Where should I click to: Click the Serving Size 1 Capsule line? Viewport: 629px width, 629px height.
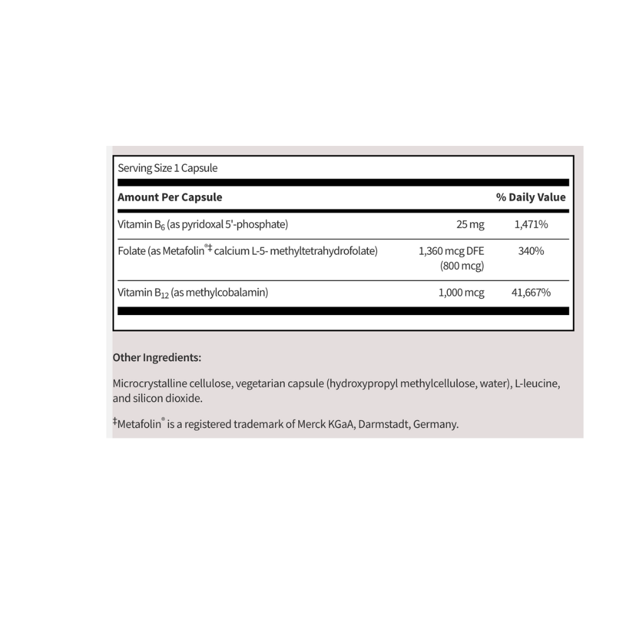(167, 168)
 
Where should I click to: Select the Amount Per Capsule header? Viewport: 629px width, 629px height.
(170, 197)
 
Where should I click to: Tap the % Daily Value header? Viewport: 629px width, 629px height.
(531, 197)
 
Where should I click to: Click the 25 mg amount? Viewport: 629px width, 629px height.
(470, 225)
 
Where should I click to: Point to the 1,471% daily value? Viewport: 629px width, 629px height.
(530, 225)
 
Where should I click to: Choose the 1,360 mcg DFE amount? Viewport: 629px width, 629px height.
(451, 252)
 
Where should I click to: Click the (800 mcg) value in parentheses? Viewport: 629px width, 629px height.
(462, 265)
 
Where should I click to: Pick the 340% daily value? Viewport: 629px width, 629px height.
(532, 252)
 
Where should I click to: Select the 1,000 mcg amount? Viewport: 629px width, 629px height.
(461, 292)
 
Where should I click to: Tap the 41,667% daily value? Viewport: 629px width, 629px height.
(531, 292)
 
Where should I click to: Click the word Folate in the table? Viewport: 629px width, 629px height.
(131, 252)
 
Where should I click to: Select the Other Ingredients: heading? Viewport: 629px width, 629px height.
(157, 357)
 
